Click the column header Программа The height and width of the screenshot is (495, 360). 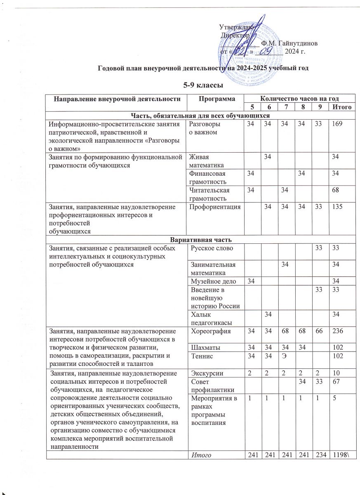[214, 99]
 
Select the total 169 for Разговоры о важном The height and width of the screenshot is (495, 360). [339, 124]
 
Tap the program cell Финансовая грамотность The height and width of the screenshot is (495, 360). [207, 177]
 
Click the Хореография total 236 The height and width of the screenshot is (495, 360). [339, 332]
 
